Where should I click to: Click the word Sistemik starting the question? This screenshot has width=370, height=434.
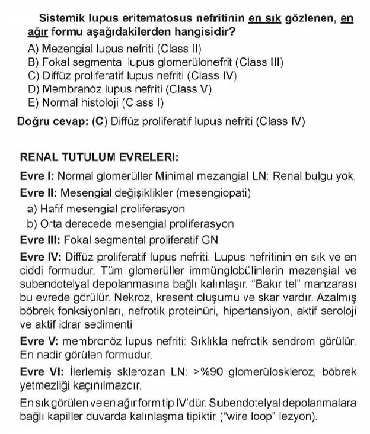pos(62,18)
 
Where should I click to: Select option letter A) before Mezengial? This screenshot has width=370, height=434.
pos(34,47)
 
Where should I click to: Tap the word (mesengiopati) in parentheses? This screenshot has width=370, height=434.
pos(221,193)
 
